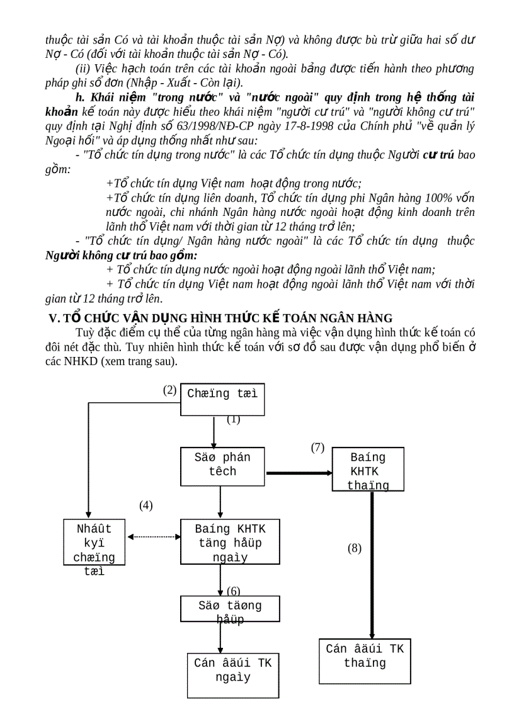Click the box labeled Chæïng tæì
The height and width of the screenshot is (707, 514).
222,399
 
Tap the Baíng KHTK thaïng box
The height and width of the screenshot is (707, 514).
368,470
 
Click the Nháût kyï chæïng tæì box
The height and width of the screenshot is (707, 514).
94,541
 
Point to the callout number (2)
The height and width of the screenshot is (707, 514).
169,390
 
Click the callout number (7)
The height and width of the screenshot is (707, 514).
317,448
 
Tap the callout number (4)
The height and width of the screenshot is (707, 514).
146,505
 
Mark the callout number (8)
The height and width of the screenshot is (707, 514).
355,548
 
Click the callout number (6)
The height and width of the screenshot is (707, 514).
234,591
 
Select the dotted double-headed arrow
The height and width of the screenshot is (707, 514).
154,537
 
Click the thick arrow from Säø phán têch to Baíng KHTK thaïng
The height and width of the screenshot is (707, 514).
299,472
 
